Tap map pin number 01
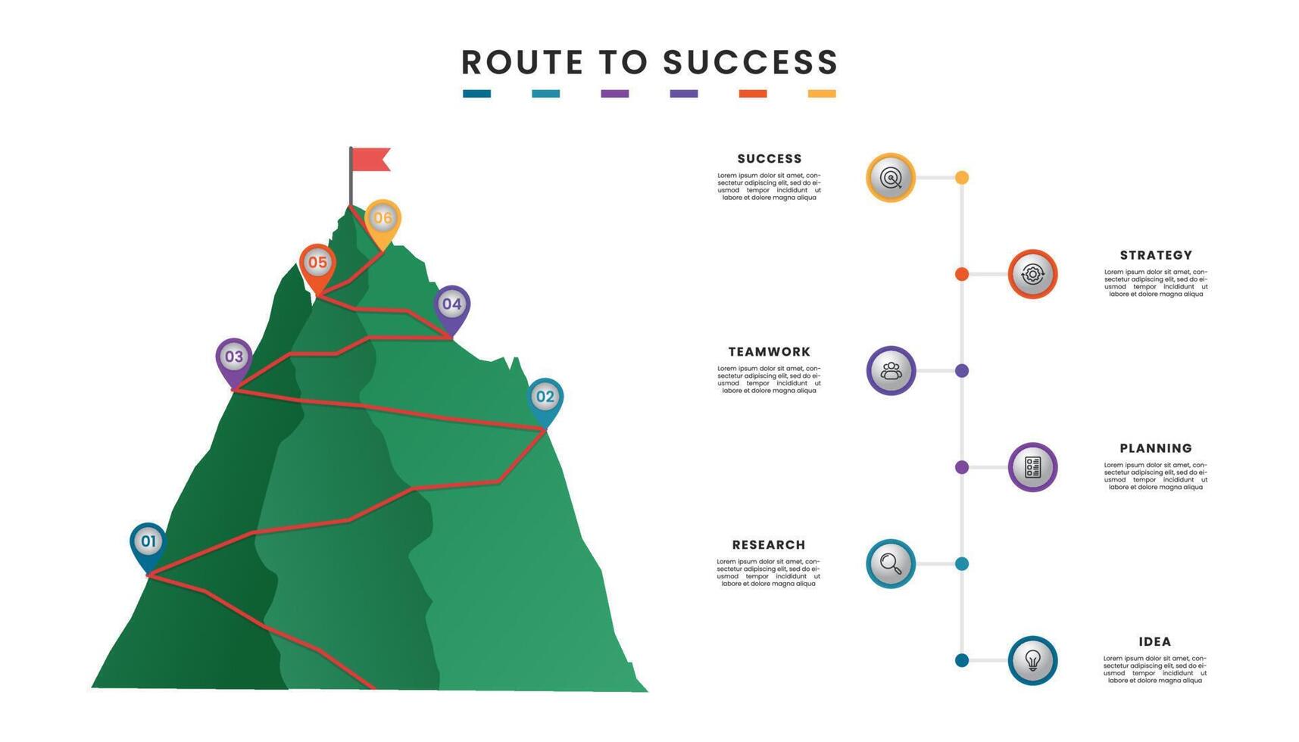tap(148, 542)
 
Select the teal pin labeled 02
tap(545, 397)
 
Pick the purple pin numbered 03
tap(234, 357)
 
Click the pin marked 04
tap(451, 305)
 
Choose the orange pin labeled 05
tap(317, 263)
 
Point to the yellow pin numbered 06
tap(383, 219)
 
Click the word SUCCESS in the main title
tap(751, 63)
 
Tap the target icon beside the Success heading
tap(891, 178)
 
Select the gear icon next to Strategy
tap(1032, 274)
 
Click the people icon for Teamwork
tap(891, 371)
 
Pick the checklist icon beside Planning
tap(1032, 467)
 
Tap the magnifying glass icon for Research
tap(891, 564)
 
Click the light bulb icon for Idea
tap(1032, 660)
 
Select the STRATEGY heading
tap(1156, 256)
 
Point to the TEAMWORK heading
tap(769, 352)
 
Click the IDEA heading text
tap(1155, 642)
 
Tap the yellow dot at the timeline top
tap(962, 178)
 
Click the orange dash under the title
tap(753, 94)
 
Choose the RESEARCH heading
tap(769, 545)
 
